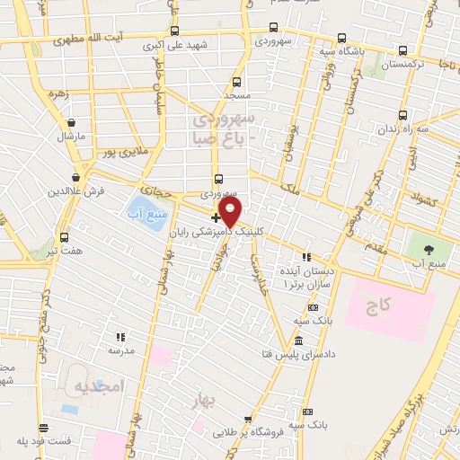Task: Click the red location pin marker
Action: tap(231, 211)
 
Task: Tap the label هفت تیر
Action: tap(66, 251)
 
